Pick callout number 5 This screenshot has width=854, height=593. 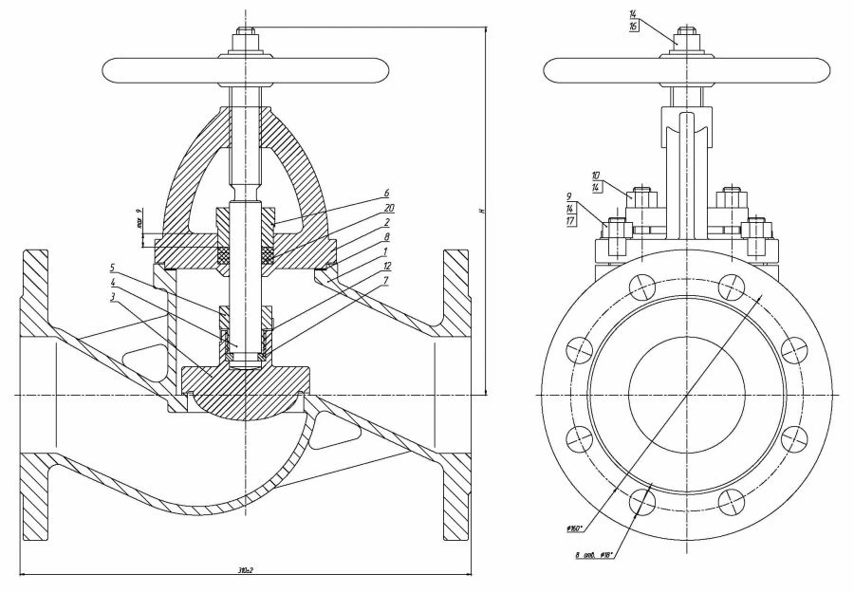point(113,268)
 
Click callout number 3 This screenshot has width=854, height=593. point(113,297)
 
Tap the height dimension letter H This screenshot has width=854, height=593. point(482,210)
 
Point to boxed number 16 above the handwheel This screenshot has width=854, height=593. point(633,27)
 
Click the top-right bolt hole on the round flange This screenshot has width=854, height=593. point(729,282)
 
